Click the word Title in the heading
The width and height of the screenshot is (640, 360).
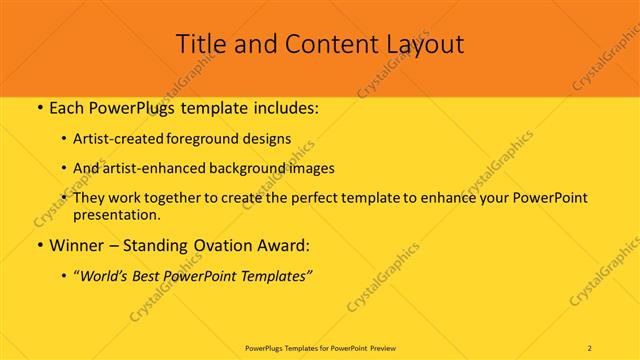[201, 44]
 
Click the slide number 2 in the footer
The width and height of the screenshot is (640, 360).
[591, 348]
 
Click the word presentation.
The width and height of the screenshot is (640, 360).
[116, 214]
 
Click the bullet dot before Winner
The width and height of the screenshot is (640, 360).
[38, 245]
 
